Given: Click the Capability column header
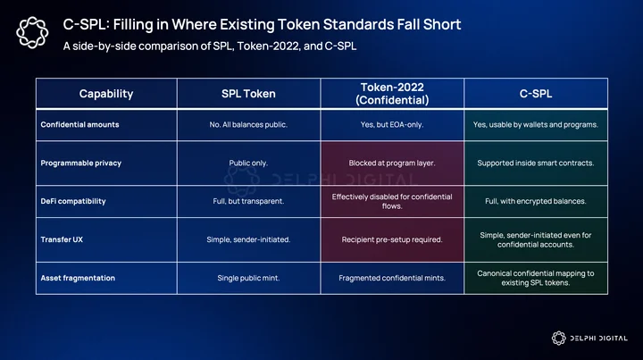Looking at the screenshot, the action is tap(106, 94).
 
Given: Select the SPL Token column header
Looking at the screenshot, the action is tap(248, 94).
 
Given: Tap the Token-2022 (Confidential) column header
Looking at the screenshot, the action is tap(392, 94).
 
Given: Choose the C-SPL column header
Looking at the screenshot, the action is tap(536, 94).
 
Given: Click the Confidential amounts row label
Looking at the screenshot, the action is tap(80, 125).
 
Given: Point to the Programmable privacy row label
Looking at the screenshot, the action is tap(80, 163).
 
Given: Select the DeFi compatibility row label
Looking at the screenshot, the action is tap(73, 201).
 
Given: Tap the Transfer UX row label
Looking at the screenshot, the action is tap(62, 239).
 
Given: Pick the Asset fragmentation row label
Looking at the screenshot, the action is tap(78, 278).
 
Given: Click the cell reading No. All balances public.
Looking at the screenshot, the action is tap(248, 125).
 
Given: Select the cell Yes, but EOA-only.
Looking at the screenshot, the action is tap(392, 125).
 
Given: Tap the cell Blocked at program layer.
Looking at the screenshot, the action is tap(392, 163).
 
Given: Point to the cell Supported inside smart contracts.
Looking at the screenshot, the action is tap(536, 163).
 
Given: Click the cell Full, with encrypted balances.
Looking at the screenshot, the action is tap(536, 201).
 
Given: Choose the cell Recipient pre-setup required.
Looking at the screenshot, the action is tap(392, 239).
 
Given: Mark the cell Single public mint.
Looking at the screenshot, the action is tap(248, 278).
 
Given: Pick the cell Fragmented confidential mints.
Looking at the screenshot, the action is tap(392, 278).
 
